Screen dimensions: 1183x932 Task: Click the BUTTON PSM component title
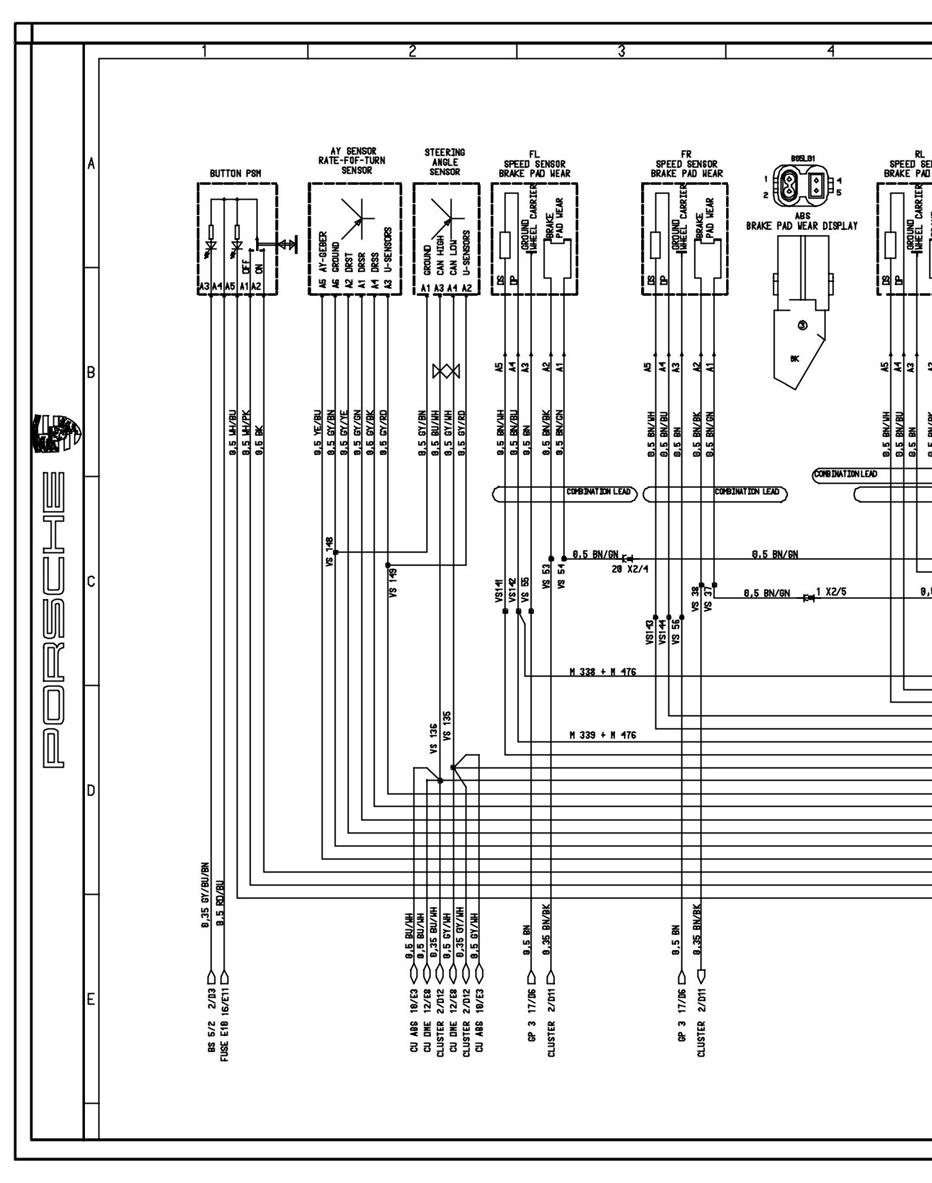point(235,174)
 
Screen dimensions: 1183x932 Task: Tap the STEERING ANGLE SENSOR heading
point(445,162)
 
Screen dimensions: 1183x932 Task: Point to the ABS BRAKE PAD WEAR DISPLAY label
point(802,222)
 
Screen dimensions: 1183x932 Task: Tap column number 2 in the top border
point(412,51)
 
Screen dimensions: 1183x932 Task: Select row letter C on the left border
point(91,582)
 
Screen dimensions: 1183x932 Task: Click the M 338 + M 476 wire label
point(602,671)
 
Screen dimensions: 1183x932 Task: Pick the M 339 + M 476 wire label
point(602,735)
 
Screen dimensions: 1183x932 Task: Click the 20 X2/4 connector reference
point(629,569)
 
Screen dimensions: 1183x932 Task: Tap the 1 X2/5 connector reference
point(831,591)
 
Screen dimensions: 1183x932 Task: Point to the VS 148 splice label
point(329,551)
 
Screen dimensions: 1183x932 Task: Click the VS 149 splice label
point(393,582)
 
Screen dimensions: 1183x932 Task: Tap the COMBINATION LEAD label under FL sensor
point(598,492)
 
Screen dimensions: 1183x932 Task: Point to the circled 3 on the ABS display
point(802,325)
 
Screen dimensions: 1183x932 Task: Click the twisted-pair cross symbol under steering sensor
point(446,371)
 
